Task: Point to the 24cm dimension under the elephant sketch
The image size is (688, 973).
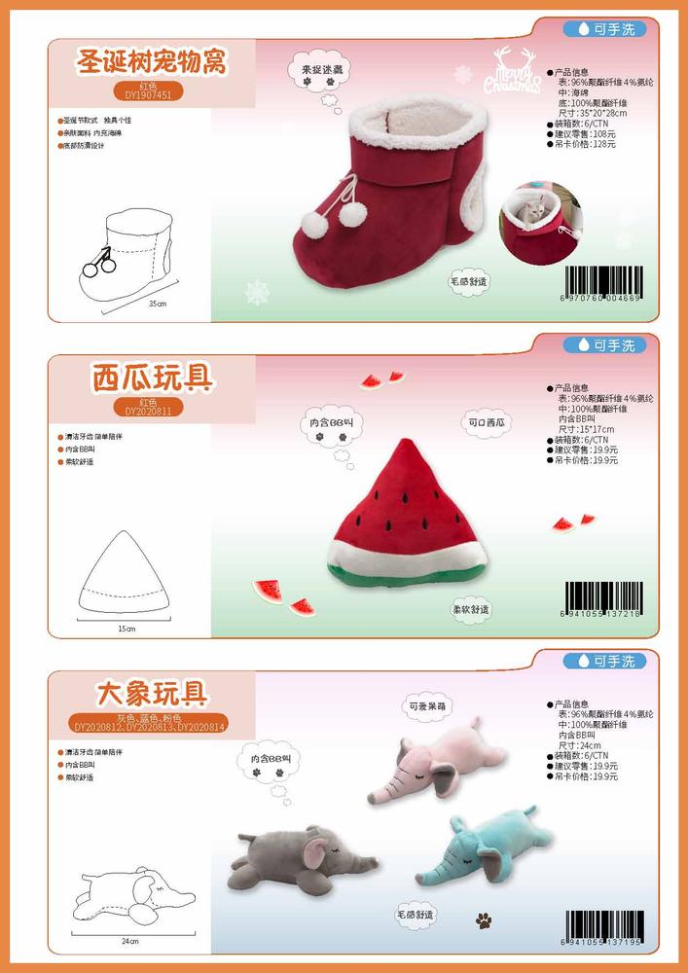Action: pos(130,942)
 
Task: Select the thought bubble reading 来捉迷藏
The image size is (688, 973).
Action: pos(319,71)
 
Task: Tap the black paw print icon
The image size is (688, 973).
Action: pos(484,919)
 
